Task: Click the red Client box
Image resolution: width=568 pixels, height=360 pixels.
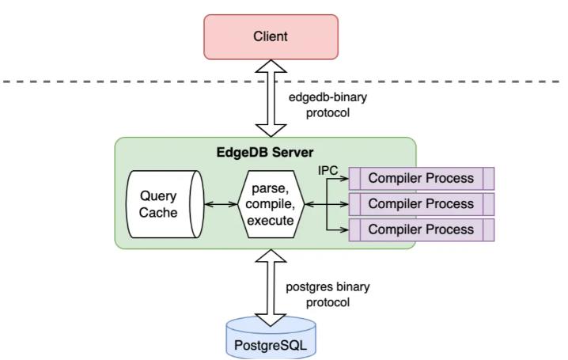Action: click(271, 37)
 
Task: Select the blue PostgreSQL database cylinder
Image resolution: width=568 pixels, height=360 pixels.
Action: click(271, 339)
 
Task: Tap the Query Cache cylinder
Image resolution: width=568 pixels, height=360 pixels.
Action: click(165, 204)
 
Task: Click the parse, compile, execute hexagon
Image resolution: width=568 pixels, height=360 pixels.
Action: click(271, 204)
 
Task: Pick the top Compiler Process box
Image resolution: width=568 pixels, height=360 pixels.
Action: click(422, 179)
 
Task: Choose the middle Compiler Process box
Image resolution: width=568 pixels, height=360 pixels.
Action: click(422, 204)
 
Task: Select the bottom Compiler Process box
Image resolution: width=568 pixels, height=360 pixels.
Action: click(422, 230)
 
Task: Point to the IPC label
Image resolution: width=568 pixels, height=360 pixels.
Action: click(328, 170)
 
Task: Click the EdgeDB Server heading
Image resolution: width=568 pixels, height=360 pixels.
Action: click(265, 152)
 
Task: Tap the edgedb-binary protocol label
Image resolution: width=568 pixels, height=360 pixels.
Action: click(328, 105)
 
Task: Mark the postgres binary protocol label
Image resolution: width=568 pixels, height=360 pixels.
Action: click(328, 294)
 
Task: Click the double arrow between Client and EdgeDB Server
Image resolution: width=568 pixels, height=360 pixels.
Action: click(271, 99)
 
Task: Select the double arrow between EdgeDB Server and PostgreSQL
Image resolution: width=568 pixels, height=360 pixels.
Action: click(271, 288)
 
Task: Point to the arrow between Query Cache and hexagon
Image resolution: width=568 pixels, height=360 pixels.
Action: click(221, 205)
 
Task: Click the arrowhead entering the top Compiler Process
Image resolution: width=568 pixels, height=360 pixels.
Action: click(344, 179)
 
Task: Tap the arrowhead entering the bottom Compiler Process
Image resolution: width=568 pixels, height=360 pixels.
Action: click(344, 230)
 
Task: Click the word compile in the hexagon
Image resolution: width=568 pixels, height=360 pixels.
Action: click(270, 205)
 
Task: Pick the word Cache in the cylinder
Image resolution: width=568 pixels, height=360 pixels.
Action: click(158, 212)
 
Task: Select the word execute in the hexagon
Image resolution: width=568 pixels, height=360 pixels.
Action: click(271, 221)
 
